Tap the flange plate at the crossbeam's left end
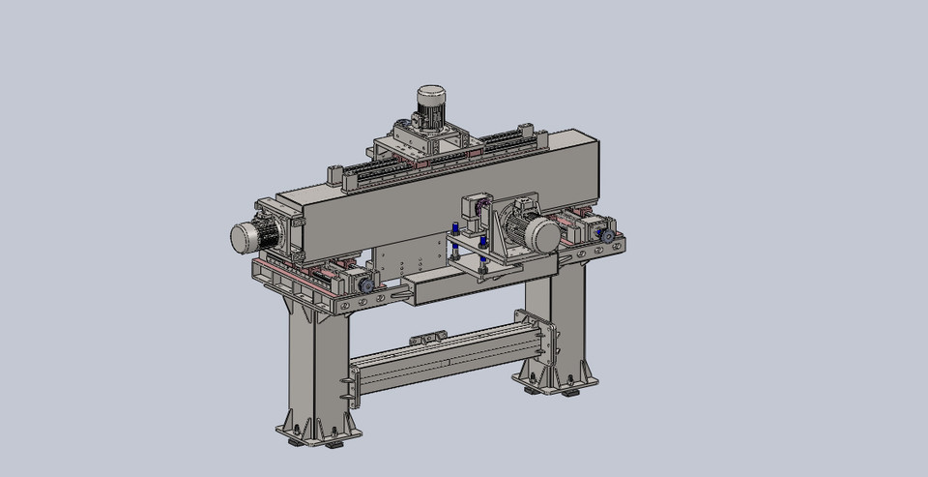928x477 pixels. tap(345, 392)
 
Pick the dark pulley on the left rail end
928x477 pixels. tap(366, 286)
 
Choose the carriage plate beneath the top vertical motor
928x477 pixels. tap(425, 148)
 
